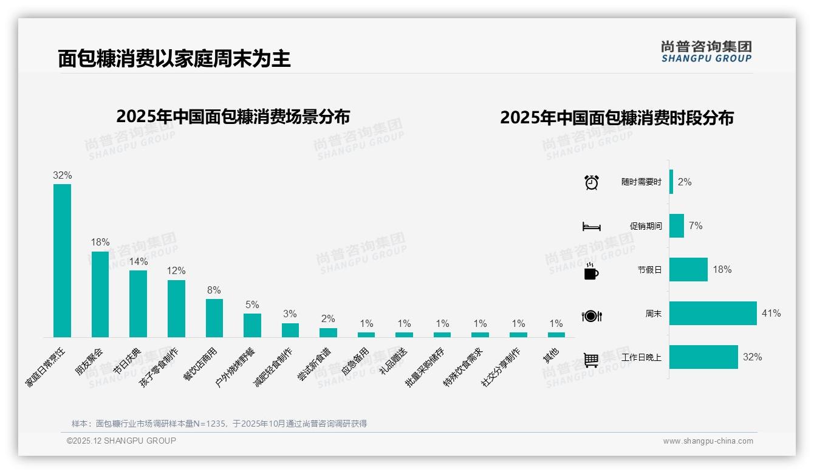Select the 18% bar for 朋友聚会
coord(100,294)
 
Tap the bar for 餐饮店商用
coord(214,318)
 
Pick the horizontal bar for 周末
coord(713,314)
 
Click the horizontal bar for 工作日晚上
coord(703,357)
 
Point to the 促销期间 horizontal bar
coord(677,226)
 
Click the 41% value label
coord(771,314)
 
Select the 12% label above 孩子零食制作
coord(176,271)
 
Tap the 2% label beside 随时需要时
coord(685,182)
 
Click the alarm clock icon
coord(592,182)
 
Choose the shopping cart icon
coord(591,360)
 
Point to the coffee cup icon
coord(591,272)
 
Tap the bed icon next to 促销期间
coord(592,227)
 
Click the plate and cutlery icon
coord(592,316)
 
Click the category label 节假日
coord(649,270)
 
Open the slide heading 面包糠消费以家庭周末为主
coord(174,58)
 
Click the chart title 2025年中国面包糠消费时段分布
coord(617,118)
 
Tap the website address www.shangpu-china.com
coord(708,441)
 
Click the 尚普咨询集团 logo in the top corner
coord(706,51)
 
